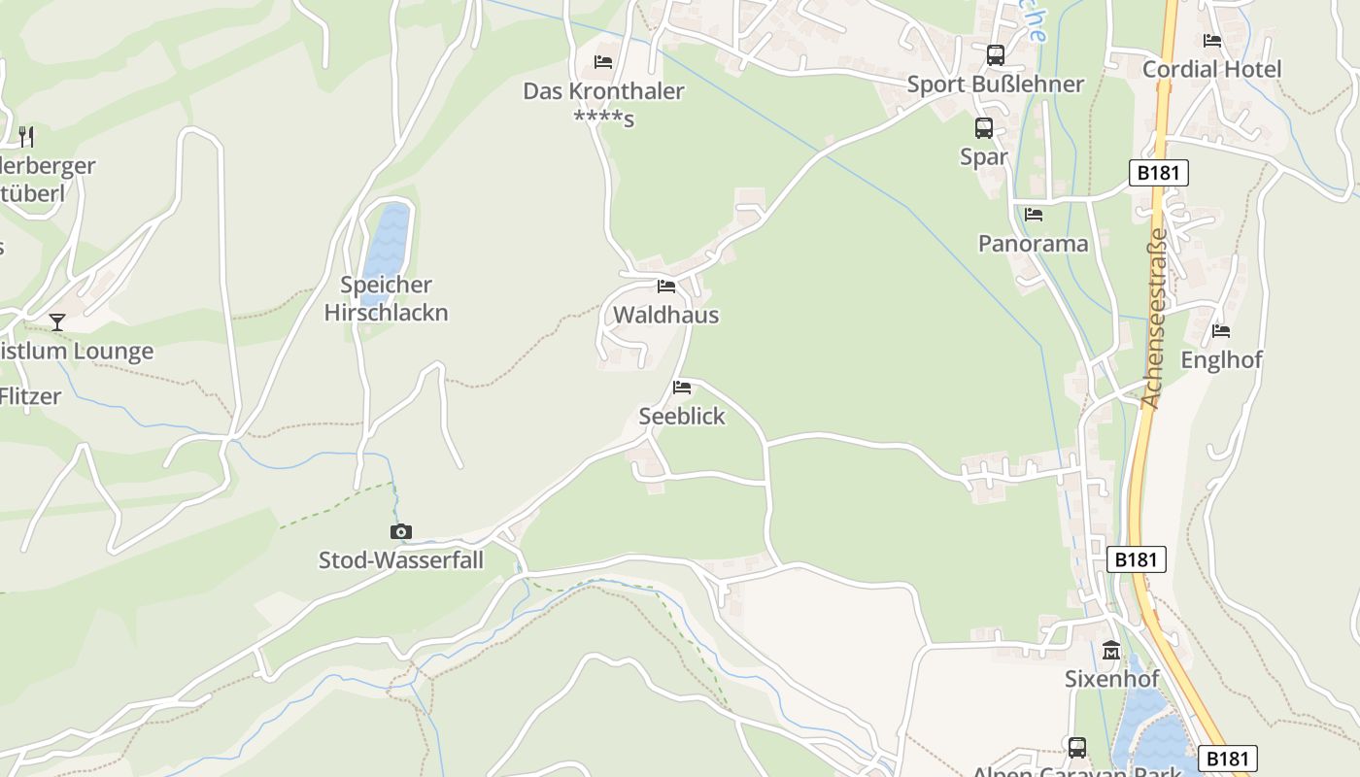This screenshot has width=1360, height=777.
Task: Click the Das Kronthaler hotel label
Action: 603,92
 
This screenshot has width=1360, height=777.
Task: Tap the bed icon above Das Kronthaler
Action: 603,62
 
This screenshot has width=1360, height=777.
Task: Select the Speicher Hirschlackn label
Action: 386,299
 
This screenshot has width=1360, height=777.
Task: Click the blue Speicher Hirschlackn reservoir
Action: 388,240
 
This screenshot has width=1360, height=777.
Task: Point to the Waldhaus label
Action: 665,315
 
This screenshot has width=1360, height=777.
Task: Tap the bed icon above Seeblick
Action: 682,388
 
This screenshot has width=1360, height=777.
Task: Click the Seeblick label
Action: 682,416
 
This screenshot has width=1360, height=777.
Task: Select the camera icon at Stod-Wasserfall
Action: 400,531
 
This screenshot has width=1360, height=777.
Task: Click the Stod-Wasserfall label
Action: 401,560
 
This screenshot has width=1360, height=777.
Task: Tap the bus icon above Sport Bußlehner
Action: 996,55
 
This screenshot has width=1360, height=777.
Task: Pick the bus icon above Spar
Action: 984,128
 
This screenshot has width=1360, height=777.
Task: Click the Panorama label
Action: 1033,243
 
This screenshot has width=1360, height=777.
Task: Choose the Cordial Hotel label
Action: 1211,69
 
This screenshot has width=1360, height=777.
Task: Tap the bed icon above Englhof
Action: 1221,331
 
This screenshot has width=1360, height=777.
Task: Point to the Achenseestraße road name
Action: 1153,319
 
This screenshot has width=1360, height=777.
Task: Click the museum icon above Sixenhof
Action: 1111,650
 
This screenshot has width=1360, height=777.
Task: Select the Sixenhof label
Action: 1111,678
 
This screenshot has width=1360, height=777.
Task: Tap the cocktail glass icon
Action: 57,322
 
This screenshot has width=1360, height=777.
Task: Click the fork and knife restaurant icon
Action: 26,136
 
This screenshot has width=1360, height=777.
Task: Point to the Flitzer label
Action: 31,396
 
